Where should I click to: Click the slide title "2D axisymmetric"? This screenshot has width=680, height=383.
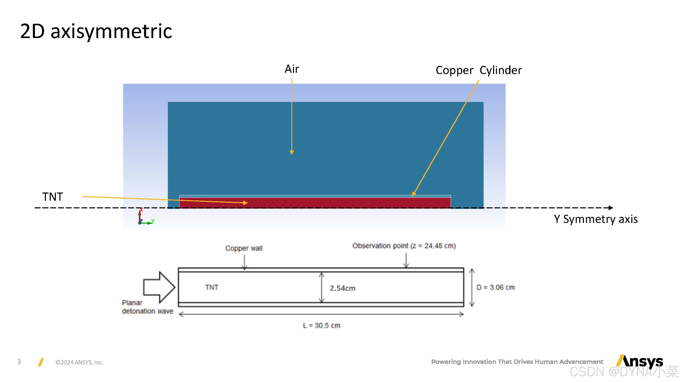[96, 31]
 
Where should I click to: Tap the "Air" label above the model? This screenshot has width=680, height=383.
[292, 69]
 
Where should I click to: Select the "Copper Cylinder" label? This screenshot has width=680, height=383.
[478, 70]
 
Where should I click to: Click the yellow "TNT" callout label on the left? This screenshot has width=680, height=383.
[53, 197]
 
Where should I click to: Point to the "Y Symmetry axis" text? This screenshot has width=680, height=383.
[596, 219]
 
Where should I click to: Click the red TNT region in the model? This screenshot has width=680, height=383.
[343, 203]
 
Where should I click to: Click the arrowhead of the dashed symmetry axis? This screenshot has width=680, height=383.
[611, 208]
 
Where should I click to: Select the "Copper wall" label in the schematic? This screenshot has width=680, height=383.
[244, 248]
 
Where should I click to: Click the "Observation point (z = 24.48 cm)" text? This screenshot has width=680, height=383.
[404, 246]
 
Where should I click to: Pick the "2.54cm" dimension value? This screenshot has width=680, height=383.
[342, 288]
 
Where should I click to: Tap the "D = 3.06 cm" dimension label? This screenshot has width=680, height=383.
[495, 287]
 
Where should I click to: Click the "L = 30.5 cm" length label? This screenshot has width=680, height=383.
[321, 325]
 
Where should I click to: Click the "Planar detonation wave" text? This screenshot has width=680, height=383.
[147, 307]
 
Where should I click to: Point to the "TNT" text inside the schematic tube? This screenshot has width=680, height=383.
[212, 287]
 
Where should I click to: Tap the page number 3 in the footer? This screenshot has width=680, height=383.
[19, 362]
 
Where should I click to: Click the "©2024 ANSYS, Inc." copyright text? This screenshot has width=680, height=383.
[79, 362]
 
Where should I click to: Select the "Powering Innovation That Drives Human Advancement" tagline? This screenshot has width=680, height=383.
[517, 362]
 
